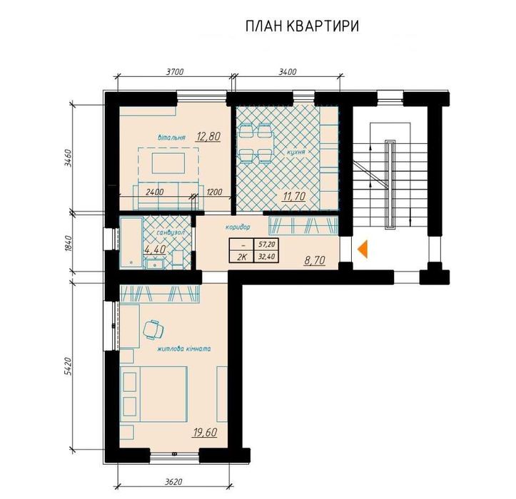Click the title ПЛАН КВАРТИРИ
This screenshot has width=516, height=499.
[x=302, y=26]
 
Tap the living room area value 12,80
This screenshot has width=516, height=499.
[x=208, y=136]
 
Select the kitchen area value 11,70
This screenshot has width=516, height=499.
[x=295, y=196]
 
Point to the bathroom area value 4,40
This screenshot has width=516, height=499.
[x=155, y=249]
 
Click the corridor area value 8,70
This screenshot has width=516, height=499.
[x=315, y=260]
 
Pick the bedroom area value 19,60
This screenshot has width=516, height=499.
[x=205, y=432]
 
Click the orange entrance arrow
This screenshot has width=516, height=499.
[x=363, y=249]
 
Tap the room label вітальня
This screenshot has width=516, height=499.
[x=171, y=138]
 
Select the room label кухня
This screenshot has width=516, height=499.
[x=296, y=153]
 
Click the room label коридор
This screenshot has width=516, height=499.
[x=238, y=227]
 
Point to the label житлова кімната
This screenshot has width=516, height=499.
[x=184, y=349]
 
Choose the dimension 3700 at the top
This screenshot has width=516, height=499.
[x=174, y=72]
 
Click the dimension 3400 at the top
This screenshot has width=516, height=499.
[x=288, y=72]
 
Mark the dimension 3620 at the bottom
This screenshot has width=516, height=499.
[x=173, y=482]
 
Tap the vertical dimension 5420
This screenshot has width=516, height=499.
[x=68, y=366]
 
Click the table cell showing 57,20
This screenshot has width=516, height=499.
[x=266, y=244]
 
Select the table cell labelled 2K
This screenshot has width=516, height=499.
[x=242, y=257]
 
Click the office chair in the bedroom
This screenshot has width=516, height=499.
[x=153, y=329]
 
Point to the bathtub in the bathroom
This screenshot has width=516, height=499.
[x=131, y=242]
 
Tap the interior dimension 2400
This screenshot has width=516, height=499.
[x=154, y=192]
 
